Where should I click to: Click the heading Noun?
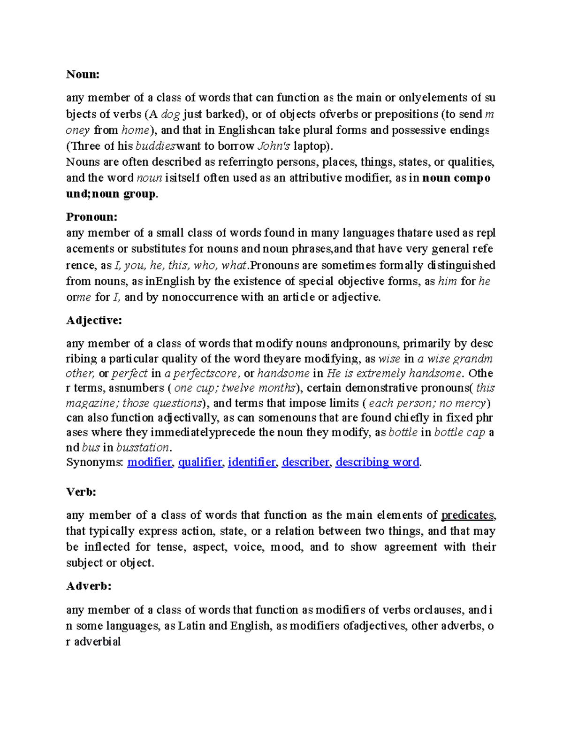point(83,74)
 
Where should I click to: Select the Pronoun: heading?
point(91,217)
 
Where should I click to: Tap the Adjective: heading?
point(94,320)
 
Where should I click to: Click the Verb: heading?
point(81,491)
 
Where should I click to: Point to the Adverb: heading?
point(89,586)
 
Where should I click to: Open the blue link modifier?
point(149,462)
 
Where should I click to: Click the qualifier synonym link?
point(200,462)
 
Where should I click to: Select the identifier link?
point(252,462)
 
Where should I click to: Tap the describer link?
point(305,462)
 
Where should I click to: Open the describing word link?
point(377,462)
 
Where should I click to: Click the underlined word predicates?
point(467,515)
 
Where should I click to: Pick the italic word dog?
point(170,114)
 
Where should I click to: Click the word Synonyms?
point(94,462)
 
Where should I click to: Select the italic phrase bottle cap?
point(459,432)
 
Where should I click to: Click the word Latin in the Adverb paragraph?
point(191,626)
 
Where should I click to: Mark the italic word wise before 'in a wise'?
point(389,359)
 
